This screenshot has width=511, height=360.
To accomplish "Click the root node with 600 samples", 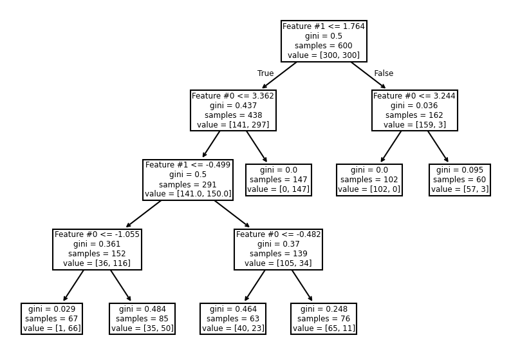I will pyautogui.click(x=324, y=41).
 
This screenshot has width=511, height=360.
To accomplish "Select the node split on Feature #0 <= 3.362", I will pyautogui.click(x=233, y=110).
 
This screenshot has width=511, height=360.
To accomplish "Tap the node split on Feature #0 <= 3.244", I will pyautogui.click(x=414, y=110).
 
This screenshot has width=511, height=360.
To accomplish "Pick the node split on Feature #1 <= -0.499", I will pyautogui.click(x=188, y=180).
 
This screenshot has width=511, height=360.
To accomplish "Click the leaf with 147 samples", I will pyautogui.click(x=279, y=180).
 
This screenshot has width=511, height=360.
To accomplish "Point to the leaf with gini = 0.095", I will pyautogui.click(x=460, y=180).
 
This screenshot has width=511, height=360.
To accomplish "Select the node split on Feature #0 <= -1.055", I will pyautogui.click(x=97, y=249).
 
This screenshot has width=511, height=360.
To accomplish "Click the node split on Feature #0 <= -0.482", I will pyautogui.click(x=278, y=249).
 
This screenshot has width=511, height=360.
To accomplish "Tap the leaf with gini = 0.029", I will pyautogui.click(x=51, y=319).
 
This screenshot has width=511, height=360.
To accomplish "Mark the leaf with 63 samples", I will pyautogui.click(x=233, y=319).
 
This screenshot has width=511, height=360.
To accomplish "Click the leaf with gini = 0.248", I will pyautogui.click(x=324, y=319).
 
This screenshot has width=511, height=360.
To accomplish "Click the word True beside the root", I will pyautogui.click(x=265, y=73).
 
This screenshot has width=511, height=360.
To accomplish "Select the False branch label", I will pyautogui.click(x=384, y=73).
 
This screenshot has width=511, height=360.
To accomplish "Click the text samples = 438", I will pyautogui.click(x=233, y=115).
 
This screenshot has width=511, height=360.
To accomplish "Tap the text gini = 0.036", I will pyautogui.click(x=414, y=106).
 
